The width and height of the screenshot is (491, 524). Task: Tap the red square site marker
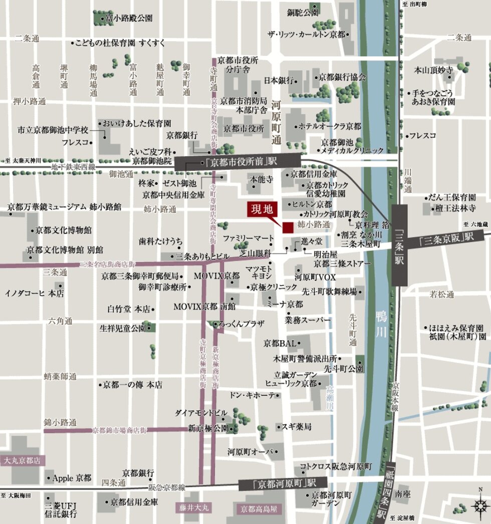pos(288,227)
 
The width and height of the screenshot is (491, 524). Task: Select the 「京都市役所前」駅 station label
pos(238,163)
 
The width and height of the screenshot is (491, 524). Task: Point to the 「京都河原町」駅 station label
pos(278,484)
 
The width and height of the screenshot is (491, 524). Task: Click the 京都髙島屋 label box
pos(258,509)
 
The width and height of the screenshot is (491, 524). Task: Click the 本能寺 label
pos(261,179)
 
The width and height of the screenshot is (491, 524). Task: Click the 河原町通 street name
pos(276,123)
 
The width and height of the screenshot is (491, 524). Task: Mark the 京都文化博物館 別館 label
pos(65,249)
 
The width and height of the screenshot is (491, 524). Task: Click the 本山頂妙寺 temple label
pos(433,70)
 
